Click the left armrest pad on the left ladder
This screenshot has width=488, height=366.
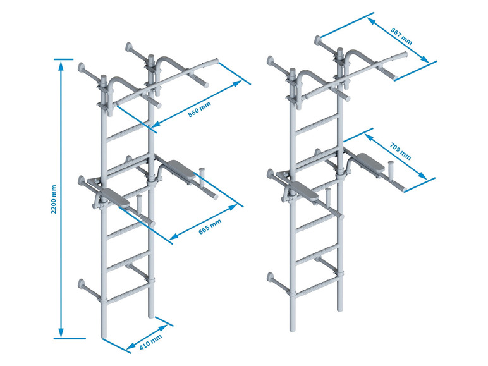[116, 198]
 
